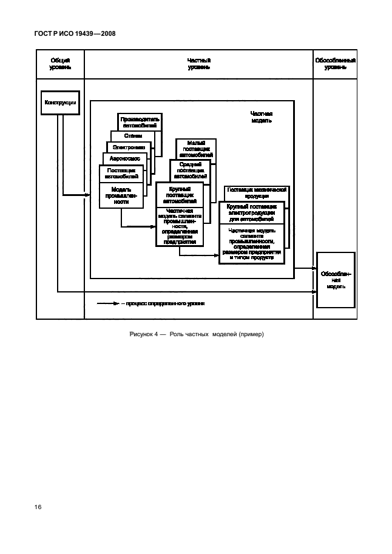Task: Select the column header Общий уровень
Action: (59, 64)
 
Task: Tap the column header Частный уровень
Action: (198, 64)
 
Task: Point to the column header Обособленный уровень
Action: (335, 64)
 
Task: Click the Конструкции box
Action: (61, 103)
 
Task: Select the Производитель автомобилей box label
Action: (140, 121)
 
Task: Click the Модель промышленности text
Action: (121, 197)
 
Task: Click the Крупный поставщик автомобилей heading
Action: (180, 194)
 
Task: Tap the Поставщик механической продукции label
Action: (256, 192)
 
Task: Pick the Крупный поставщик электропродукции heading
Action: (252, 213)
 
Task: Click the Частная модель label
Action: (262, 117)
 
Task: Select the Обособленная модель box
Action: (335, 280)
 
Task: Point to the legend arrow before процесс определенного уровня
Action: (109, 303)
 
